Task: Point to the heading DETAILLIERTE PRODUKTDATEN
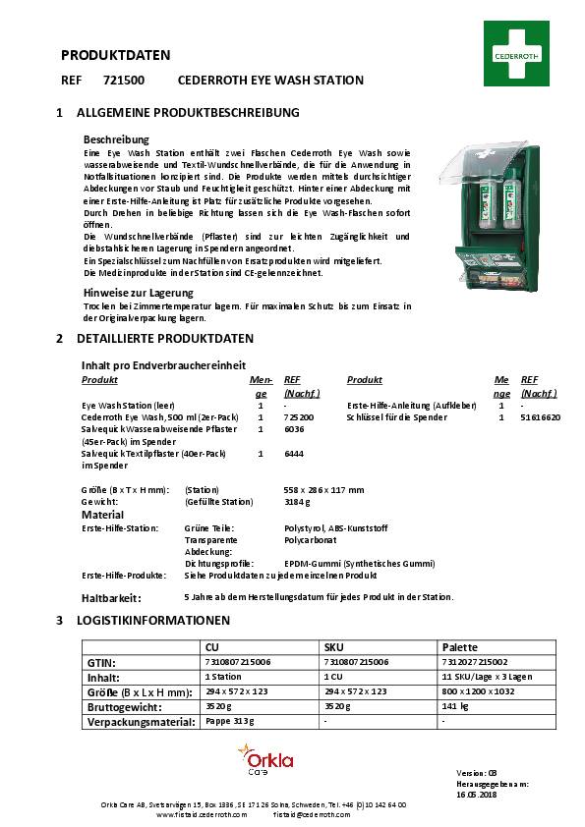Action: coord(168,338)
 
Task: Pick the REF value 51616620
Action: coord(541,417)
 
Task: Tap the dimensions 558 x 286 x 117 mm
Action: coord(323,489)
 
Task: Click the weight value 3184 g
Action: coord(298,502)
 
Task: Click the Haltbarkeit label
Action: coord(111,597)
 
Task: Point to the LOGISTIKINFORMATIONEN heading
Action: coord(156,621)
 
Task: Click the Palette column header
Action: coord(460,648)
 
